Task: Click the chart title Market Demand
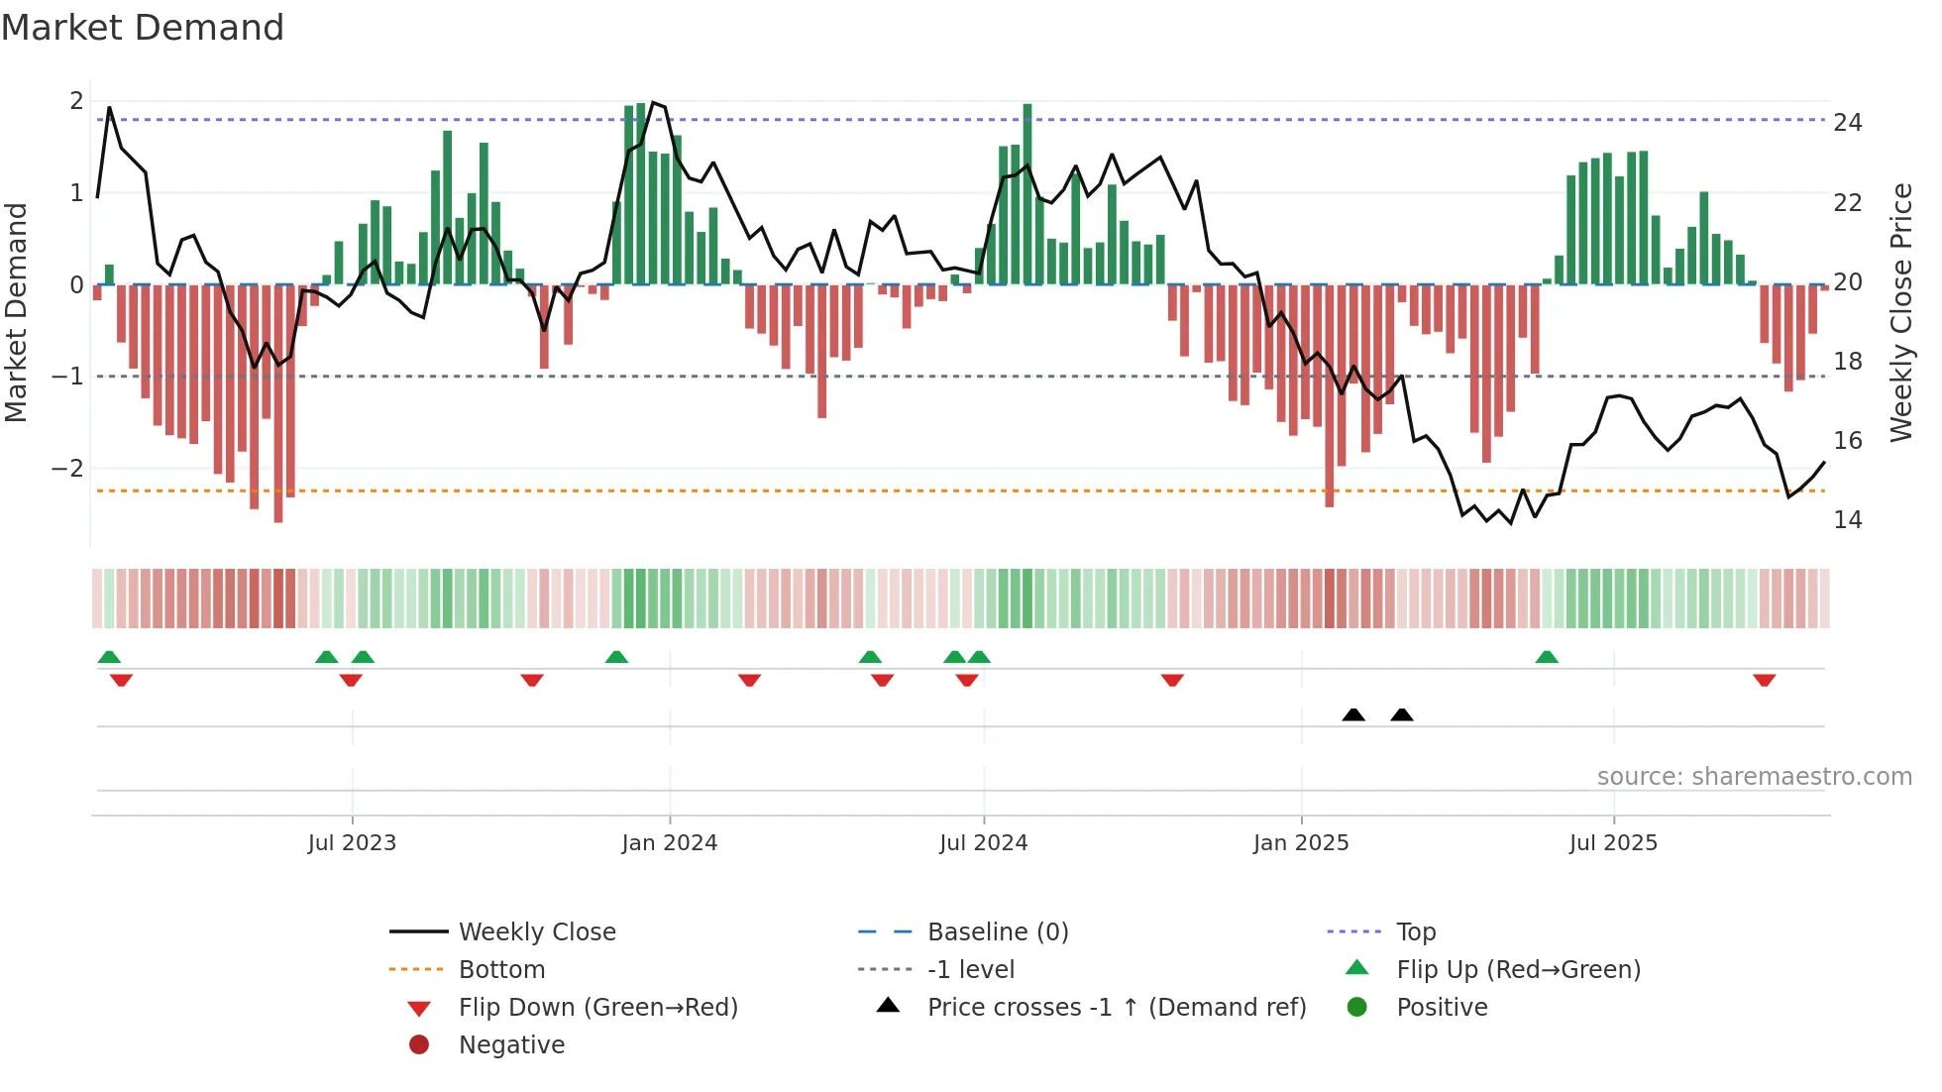143,28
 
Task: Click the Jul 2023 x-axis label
352,843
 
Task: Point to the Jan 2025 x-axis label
1300,843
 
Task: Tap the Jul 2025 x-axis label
1612,843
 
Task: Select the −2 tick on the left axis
68,468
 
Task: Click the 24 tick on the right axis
1847,123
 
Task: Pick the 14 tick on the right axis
1847,520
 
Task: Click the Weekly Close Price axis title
1900,312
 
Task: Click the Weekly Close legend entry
536,932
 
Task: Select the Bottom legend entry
501,970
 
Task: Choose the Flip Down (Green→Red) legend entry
597,1008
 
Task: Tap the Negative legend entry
511,1045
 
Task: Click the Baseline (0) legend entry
997,932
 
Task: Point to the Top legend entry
1415,932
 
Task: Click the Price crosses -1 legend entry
1116,1008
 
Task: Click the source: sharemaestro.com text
1754,777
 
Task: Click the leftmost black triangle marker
1352,714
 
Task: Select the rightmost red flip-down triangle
1764,680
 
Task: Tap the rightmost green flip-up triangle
1547,657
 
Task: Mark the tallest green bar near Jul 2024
1027,193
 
